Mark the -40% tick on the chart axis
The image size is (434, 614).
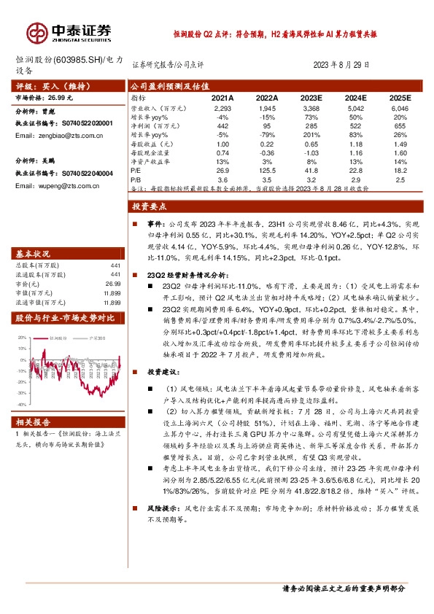pyautogui.click(x=22, y=403)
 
